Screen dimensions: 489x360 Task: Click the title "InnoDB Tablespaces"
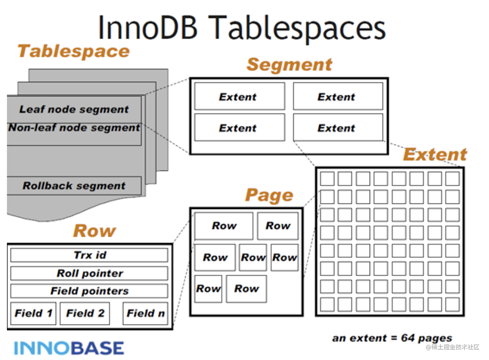coord(242,28)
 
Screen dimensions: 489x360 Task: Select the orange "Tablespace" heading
coord(74,52)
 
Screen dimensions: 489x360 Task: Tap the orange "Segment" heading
coord(289,65)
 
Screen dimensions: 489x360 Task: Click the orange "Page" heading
coord(269,195)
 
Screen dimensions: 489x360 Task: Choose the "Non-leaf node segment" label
coord(74,127)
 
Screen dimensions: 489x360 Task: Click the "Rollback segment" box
coord(74,186)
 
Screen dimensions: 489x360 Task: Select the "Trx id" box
coord(89,255)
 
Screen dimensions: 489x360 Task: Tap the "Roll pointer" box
coord(89,273)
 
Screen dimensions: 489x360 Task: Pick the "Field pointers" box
coord(89,291)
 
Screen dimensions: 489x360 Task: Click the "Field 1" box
coord(33,313)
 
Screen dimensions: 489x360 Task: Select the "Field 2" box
coord(85,313)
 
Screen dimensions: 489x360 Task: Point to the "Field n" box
coord(145,313)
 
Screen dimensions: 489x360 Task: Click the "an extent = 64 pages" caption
coord(392,339)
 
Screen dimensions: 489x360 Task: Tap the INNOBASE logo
coord(69,348)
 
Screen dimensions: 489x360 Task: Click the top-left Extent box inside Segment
coord(240,96)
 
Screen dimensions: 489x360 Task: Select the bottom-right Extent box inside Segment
coord(338,127)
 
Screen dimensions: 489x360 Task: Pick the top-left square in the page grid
coord(327,179)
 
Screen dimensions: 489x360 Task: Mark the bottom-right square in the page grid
coord(453,304)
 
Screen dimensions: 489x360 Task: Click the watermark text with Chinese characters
coord(453,347)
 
